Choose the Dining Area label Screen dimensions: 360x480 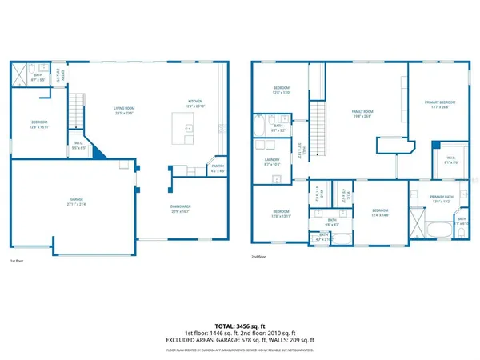pyautogui.click(x=180, y=210)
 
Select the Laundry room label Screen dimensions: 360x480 pyautogui.click(x=272, y=162)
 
